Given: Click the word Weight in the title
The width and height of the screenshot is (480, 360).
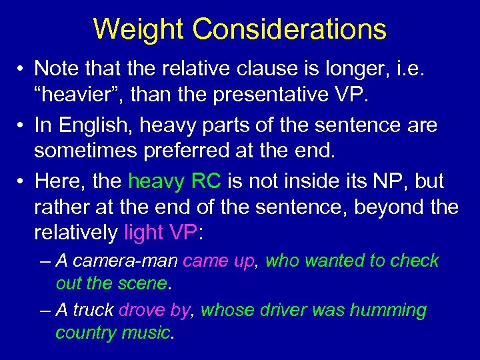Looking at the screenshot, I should (x=139, y=29).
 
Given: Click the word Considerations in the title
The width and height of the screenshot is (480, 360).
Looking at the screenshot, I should (x=290, y=29).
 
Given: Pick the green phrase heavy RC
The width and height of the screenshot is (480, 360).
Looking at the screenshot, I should (x=176, y=181).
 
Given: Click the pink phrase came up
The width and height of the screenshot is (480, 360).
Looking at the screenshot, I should (x=219, y=261).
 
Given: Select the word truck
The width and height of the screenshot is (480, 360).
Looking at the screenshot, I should (x=93, y=310).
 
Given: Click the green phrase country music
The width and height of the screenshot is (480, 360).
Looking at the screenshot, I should (x=113, y=333).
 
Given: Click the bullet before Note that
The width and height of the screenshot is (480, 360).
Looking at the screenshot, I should (x=22, y=69).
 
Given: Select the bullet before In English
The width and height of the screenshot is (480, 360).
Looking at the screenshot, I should (x=22, y=125).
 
